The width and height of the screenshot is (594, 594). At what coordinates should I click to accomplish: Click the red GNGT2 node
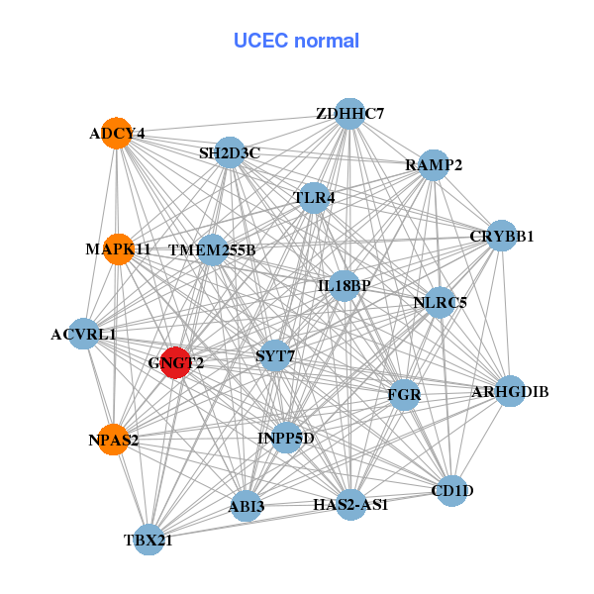click(176, 362)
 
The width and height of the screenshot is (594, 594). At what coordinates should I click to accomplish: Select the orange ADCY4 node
click(118, 134)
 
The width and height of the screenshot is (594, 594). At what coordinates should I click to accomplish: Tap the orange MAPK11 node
click(118, 248)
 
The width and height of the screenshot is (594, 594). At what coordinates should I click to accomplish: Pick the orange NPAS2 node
click(114, 440)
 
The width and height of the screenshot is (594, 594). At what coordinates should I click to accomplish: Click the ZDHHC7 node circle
click(348, 113)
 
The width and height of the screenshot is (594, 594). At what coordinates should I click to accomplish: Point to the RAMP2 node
click(434, 165)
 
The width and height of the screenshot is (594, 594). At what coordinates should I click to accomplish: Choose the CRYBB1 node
click(502, 236)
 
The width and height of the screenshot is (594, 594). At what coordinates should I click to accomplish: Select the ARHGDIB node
click(510, 392)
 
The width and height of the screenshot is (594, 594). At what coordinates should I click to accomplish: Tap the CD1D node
click(452, 490)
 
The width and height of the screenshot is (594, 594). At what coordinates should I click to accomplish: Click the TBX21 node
click(148, 540)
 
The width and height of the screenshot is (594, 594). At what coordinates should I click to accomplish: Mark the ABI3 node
click(247, 507)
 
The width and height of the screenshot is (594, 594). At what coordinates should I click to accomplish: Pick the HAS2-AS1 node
click(350, 504)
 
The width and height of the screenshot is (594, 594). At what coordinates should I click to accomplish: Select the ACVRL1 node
click(85, 335)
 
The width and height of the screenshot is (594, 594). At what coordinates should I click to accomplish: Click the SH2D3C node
click(230, 152)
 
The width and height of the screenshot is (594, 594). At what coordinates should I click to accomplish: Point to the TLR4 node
click(315, 198)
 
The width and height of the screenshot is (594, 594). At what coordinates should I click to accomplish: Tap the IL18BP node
click(344, 286)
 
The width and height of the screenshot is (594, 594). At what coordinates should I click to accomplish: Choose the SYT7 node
click(274, 354)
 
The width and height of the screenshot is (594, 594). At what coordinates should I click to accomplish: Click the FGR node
click(404, 395)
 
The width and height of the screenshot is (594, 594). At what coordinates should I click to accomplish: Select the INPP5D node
click(286, 437)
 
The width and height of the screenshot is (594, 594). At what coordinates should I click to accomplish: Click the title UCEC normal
click(296, 41)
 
